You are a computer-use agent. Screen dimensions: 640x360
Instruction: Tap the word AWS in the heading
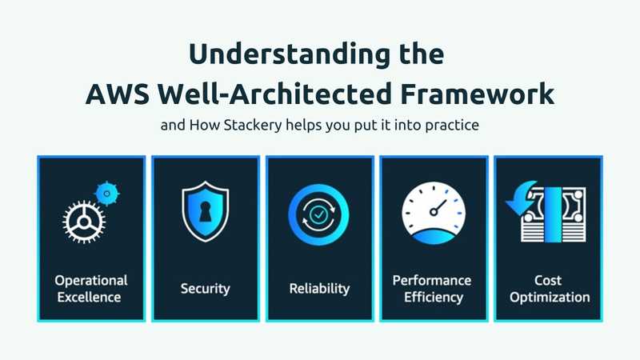[x=118, y=94]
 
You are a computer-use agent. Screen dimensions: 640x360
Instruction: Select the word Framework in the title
[x=477, y=94]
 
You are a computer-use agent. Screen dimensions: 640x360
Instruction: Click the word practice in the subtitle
[x=452, y=125]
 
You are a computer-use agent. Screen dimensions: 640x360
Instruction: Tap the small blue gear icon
[x=107, y=193]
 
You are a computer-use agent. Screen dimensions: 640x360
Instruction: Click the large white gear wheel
[x=84, y=222]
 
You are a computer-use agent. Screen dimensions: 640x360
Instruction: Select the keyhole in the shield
[x=206, y=211]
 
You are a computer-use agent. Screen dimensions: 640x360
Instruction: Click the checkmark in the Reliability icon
[x=318, y=214]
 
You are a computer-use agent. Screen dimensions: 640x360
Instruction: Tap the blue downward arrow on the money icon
[x=521, y=198]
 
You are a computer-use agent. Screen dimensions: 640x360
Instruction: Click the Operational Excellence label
[x=90, y=289]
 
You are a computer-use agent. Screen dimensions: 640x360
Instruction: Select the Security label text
[x=206, y=289]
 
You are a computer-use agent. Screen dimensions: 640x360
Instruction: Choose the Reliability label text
[x=319, y=289]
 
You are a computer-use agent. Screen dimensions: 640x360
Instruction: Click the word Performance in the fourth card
[x=432, y=281]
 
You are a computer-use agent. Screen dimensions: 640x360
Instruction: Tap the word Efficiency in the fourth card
[x=434, y=297]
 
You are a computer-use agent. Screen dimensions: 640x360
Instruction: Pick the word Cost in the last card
[x=548, y=281]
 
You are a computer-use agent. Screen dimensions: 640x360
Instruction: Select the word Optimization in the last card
[x=550, y=297]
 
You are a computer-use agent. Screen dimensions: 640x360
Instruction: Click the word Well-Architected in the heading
[x=275, y=94]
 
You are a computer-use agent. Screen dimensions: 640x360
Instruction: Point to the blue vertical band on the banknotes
[x=553, y=214]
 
